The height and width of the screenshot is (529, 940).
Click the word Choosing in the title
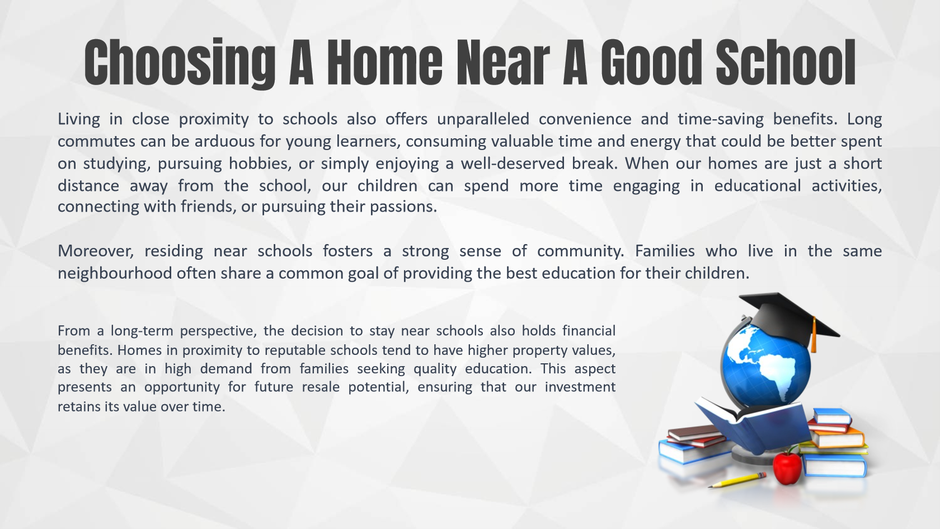click(x=180, y=63)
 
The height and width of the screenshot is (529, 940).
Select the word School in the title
click(x=786, y=63)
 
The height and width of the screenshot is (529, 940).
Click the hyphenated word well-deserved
click(x=513, y=163)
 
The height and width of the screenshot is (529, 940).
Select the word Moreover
click(x=96, y=251)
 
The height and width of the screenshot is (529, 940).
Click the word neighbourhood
click(x=115, y=273)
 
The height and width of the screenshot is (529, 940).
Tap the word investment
click(x=580, y=387)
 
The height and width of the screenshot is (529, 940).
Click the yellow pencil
click(x=737, y=480)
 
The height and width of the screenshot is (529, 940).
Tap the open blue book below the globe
click(x=753, y=424)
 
